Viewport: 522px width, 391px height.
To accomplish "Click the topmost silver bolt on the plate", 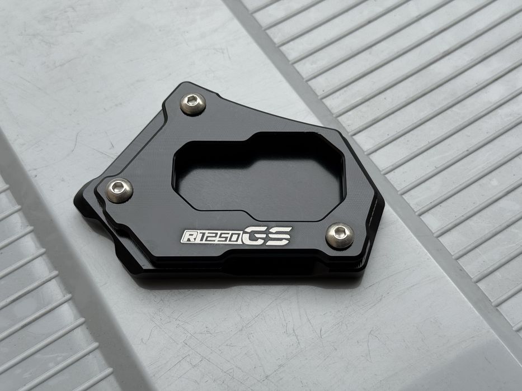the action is pos(193,104).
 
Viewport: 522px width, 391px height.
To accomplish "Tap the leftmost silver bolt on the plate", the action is pos(119,190).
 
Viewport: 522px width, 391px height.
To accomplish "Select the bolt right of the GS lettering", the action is pos(340,235).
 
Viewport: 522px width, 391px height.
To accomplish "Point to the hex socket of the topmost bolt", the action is pos(192,100).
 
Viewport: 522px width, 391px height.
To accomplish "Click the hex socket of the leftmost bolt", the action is pos(118,187).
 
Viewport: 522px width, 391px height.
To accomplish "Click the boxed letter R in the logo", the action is pos(189,236).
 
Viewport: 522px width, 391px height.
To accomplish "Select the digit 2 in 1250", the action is pos(209,237).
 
